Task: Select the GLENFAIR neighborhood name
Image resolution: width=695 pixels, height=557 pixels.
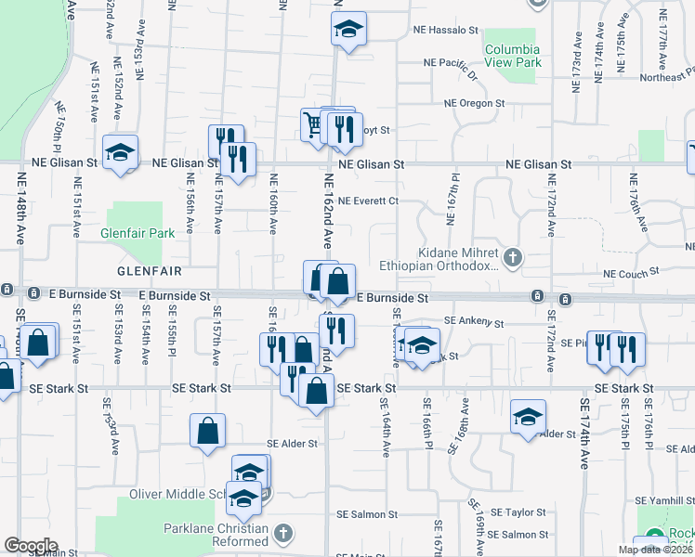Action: [147, 270]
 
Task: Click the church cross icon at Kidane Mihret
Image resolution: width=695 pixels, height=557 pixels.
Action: [512, 255]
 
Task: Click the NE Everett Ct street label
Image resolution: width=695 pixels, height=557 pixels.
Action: [368, 200]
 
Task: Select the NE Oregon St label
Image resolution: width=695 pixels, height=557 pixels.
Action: [474, 103]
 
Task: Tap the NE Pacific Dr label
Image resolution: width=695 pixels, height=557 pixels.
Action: [449, 63]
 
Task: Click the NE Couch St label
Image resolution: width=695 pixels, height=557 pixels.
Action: [630, 273]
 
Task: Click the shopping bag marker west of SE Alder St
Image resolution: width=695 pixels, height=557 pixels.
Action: [208, 431]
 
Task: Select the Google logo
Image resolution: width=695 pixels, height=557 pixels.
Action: [31, 546]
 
